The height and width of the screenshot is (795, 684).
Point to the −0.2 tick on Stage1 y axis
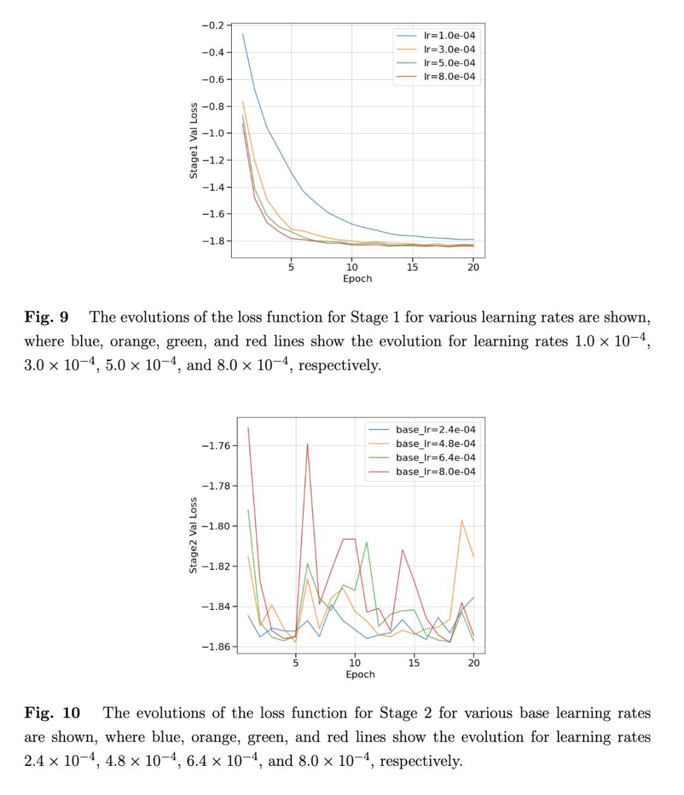pos(213,25)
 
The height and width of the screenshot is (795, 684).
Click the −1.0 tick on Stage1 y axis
pos(213,133)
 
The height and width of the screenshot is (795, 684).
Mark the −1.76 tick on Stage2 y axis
pos(215,445)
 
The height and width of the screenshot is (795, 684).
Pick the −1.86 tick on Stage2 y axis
pos(215,647)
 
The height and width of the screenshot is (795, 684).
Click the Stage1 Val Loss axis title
pos(194,141)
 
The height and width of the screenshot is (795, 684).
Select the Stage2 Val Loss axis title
pos(194,535)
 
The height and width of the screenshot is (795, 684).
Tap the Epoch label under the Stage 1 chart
pos(357,279)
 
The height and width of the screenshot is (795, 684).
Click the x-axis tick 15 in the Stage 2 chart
pos(414,663)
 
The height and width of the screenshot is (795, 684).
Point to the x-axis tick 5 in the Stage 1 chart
pos(291,267)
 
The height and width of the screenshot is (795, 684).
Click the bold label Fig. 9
pos(46,317)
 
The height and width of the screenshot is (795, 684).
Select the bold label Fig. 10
pos(52,713)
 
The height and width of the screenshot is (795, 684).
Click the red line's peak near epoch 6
pos(308,443)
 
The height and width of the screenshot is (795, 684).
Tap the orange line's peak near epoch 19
pos(462,521)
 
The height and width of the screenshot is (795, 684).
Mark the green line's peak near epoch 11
pos(367,542)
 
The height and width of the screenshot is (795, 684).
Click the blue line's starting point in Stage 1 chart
pos(243,34)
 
